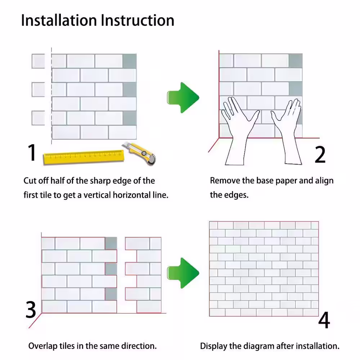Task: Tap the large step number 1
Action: pyautogui.click(x=32, y=153)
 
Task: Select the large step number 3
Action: pyautogui.click(x=31, y=310)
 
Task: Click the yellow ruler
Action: pyautogui.click(x=83, y=156)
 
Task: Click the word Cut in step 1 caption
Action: pyautogui.click(x=30, y=181)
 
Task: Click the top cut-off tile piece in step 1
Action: pyautogui.click(x=38, y=61)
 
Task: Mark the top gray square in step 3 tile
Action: pyautogui.click(x=111, y=243)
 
